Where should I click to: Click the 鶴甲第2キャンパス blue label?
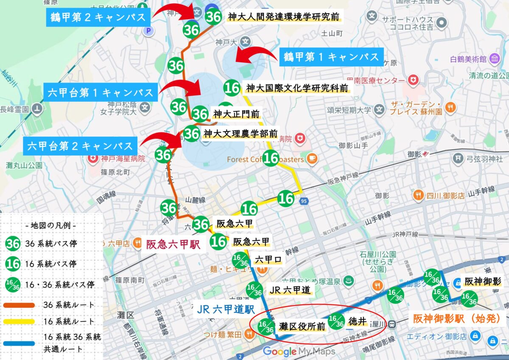tap(98, 17)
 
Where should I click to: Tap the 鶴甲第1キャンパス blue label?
tap(331, 57)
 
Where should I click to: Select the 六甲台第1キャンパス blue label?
tap(101, 92)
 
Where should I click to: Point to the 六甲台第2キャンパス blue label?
tap(80, 146)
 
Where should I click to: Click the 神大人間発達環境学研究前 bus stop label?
tap(283, 17)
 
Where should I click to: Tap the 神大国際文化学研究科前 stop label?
tap(297, 88)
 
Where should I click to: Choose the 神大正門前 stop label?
tap(236, 114)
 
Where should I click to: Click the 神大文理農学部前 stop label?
tap(240, 134)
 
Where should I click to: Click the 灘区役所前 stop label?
tap(302, 326)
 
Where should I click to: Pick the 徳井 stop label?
tap(357, 321)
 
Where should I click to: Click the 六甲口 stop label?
tap(268, 260)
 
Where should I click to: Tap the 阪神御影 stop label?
tap(483, 281)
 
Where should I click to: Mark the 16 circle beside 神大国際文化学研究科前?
tap(232, 88)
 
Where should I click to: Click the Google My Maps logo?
tap(299, 352)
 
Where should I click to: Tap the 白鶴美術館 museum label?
tap(467, 59)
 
